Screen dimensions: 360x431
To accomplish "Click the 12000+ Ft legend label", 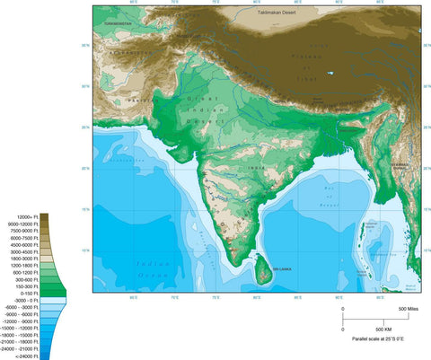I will pyautogui.click(x=24, y=217).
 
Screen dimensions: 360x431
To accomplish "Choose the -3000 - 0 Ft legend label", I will pyautogui.click(x=25, y=300).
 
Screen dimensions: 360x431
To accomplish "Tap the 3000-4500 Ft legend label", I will pyautogui.click(x=24, y=251).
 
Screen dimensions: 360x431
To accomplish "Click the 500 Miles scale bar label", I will pyautogui.click(x=409, y=309).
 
